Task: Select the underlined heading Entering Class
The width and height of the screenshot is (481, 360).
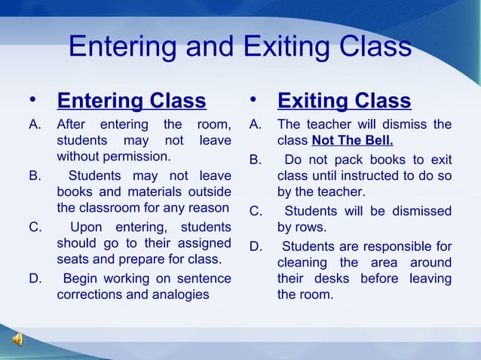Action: pos(131,101)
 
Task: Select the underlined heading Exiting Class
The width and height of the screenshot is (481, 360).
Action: pos(345,101)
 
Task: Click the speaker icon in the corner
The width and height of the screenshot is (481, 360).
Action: pos(17,340)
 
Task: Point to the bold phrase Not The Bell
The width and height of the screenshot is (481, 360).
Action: pos(352,141)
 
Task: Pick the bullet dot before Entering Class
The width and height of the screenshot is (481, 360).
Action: pos(33,99)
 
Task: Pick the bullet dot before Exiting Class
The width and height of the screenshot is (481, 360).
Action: pos(254,99)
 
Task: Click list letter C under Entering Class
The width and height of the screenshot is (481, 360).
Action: pos(34,227)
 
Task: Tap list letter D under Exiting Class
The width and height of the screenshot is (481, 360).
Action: pos(256,246)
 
